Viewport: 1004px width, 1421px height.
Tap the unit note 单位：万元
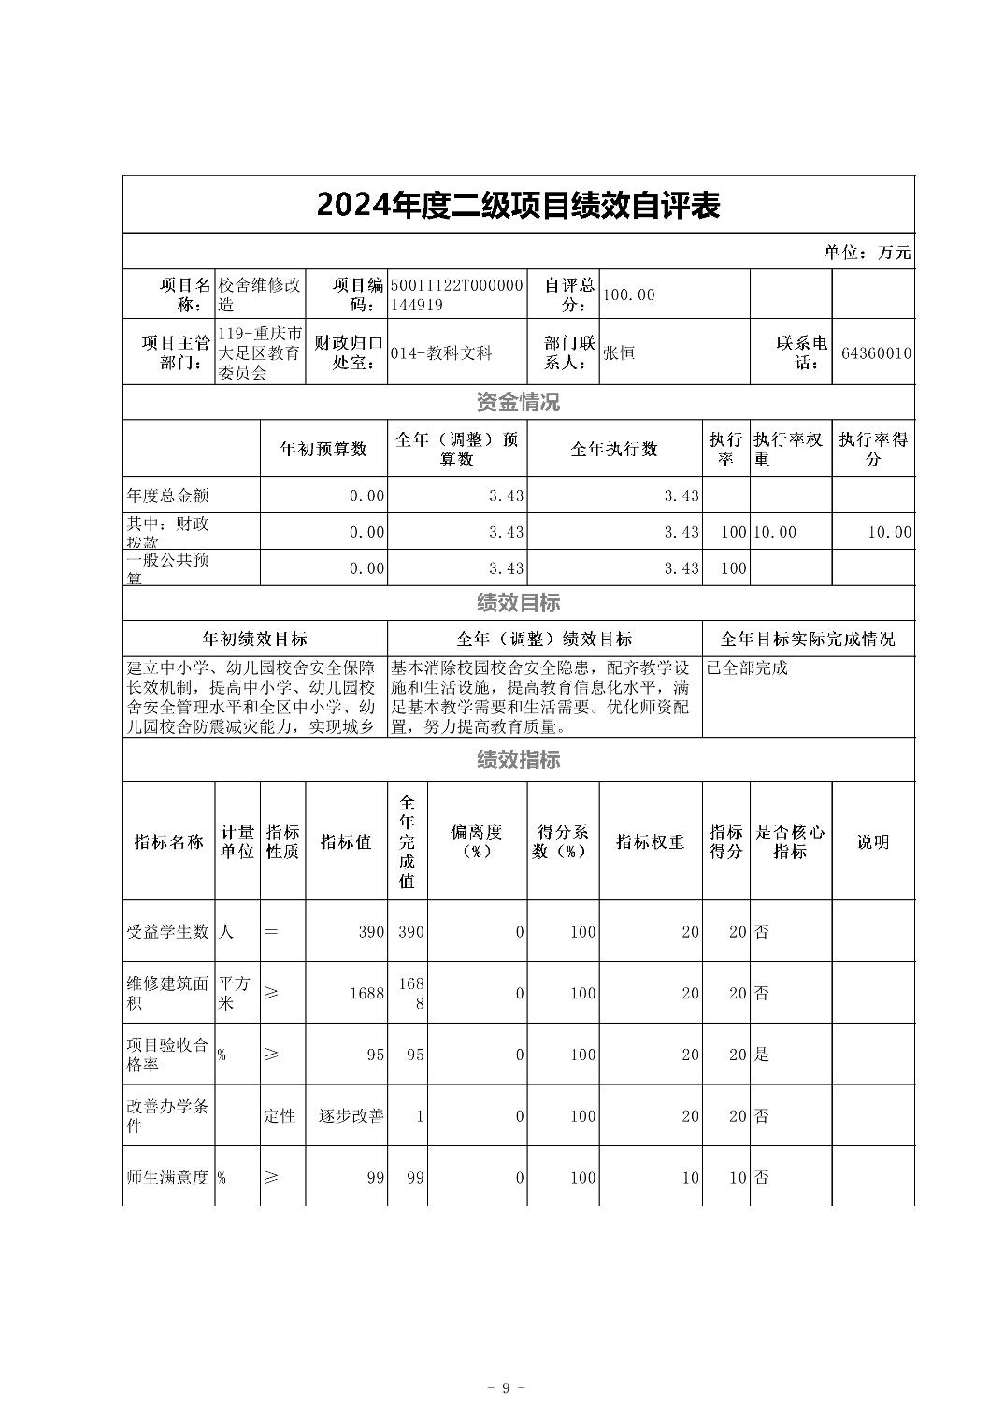click(x=867, y=252)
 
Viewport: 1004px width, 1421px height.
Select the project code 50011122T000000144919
click(x=457, y=294)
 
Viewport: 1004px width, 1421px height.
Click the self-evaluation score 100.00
click(x=629, y=295)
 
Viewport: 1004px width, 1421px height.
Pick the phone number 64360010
click(x=876, y=353)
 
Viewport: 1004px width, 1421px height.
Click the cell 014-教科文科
click(x=441, y=353)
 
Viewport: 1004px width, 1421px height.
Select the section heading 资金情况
click(x=518, y=403)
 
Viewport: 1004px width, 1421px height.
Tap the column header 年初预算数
click(x=323, y=449)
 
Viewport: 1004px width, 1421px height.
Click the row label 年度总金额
click(x=168, y=495)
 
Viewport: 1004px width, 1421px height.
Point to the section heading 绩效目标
click(x=518, y=604)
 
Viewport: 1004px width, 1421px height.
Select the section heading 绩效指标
click(x=518, y=760)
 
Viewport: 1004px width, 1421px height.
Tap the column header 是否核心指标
click(x=790, y=841)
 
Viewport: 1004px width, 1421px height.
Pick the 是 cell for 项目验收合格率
click(x=762, y=1055)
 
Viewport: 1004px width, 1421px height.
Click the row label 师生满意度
click(x=168, y=1177)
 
